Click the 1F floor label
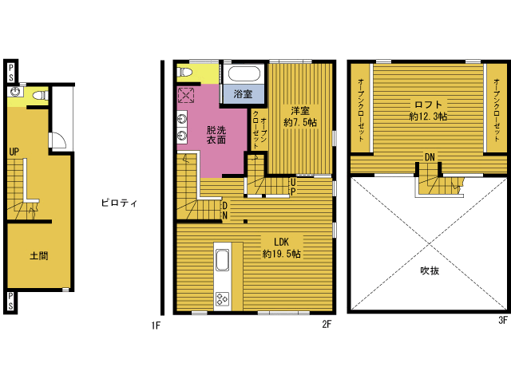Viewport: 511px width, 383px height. coord(156,325)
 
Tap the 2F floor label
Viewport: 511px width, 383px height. coord(327,324)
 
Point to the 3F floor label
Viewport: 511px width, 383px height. coord(503,320)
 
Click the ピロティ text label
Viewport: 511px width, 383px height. coord(119,203)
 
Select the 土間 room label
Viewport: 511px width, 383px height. coord(39,255)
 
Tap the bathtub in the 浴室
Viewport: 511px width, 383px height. coord(244,74)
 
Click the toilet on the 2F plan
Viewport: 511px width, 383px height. coord(184,72)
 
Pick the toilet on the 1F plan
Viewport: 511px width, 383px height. coord(41,96)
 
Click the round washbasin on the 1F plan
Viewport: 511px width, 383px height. coord(14,92)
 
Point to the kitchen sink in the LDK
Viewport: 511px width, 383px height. coord(222,259)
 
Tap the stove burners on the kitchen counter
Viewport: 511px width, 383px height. coord(222,299)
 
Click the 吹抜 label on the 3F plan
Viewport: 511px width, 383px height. coord(430,270)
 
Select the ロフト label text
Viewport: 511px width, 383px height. coord(428,105)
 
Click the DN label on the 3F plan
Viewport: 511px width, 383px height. coord(430,157)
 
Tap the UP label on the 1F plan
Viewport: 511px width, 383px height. coord(14,152)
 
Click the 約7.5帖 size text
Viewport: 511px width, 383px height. coord(300,122)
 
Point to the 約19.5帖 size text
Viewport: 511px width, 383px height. coord(282,254)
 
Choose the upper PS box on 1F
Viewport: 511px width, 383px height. coord(11,73)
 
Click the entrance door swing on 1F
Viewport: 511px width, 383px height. coord(58,140)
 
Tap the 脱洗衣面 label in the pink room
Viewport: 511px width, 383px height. coord(216,135)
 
